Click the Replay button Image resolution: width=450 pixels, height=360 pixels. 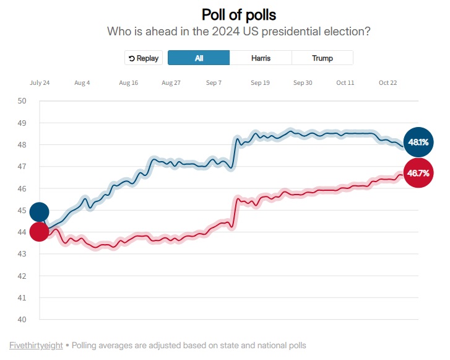(x=144, y=58)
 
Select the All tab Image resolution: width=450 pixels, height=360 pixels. (x=199, y=58)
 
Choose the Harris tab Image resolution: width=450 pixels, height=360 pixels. (x=261, y=58)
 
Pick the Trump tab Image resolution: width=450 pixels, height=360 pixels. (x=322, y=58)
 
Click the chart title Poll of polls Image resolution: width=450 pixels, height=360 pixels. (x=239, y=14)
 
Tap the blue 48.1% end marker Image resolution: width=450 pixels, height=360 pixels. (x=418, y=143)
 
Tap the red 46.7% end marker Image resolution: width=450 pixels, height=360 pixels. (x=418, y=173)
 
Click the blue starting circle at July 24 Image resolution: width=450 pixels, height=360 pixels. (x=39, y=212)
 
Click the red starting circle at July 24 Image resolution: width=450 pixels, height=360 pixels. (x=39, y=232)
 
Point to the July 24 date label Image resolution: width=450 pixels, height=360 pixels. (x=40, y=83)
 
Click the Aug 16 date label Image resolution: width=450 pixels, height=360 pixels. (x=129, y=83)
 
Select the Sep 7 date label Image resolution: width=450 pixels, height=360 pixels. (x=215, y=83)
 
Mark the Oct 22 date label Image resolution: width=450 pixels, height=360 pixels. (x=388, y=83)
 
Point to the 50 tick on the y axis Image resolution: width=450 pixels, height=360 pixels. (x=22, y=101)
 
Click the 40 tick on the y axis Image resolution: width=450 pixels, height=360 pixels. (x=22, y=320)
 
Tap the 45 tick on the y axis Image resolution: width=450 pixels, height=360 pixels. (x=22, y=211)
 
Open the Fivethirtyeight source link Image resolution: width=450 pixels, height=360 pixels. (x=36, y=345)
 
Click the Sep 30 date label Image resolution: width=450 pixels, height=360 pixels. (x=303, y=83)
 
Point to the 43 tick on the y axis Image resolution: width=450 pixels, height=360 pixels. (x=22, y=254)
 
